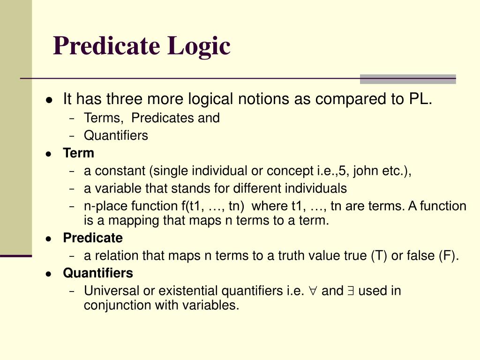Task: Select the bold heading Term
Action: (78, 153)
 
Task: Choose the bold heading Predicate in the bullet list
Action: (93, 238)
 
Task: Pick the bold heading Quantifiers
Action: (98, 273)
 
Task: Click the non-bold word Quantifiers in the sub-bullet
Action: (116, 136)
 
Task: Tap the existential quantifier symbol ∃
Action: (351, 292)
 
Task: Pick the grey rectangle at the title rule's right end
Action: (407, 79)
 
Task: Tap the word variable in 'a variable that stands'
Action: (111, 189)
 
